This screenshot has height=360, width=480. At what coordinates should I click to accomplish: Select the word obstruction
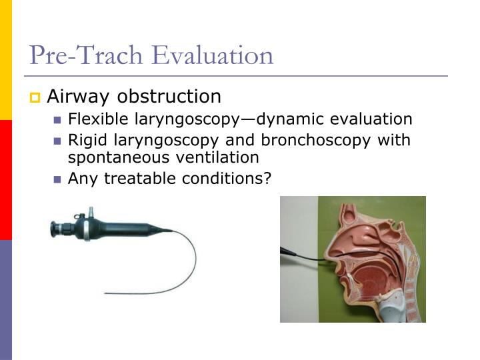[169, 97]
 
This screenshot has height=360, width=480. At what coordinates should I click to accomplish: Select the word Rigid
[85, 141]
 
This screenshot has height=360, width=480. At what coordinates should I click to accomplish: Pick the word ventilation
[214, 158]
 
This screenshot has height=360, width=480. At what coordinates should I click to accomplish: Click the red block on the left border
[5, 180]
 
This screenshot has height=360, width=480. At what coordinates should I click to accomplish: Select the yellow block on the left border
[5, 60]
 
